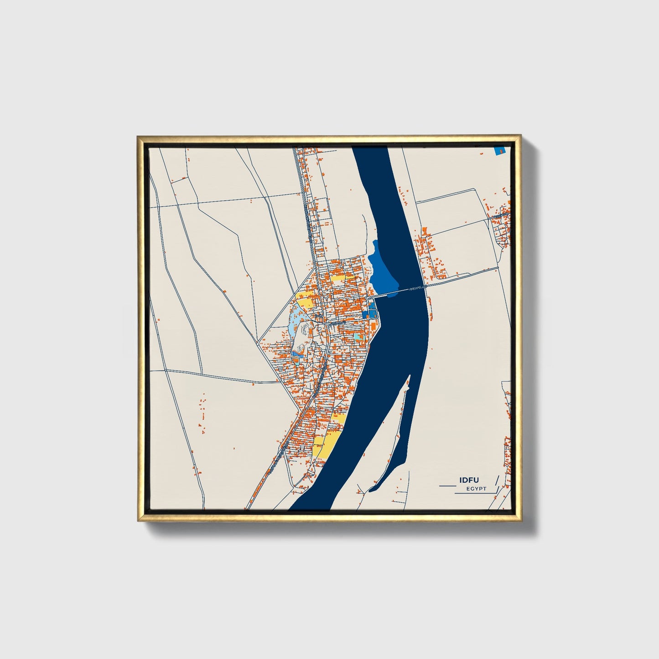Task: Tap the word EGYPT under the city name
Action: point(476,488)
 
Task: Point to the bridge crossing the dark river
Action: point(401,291)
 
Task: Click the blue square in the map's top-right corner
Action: point(500,150)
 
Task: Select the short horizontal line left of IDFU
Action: point(447,486)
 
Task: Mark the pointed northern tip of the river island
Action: point(409,375)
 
